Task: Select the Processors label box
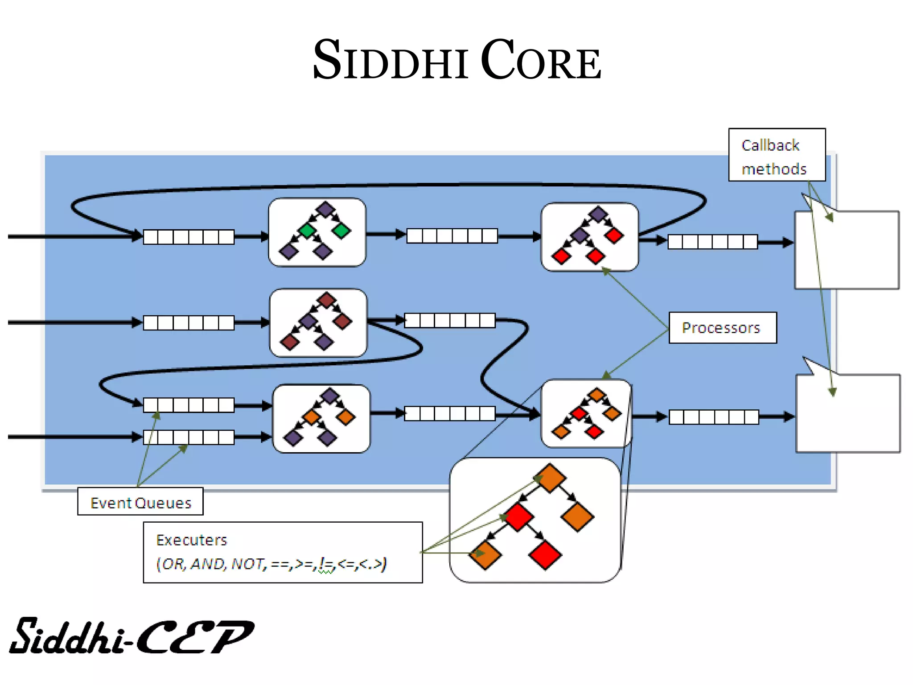tap(722, 328)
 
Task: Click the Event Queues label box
tap(140, 502)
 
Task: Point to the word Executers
tap(192, 541)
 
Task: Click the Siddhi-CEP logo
tap(132, 637)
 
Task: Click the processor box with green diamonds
tap(317, 232)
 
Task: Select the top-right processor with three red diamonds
tap(589, 236)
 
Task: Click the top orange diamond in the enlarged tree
tap(550, 478)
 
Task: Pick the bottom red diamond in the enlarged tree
tap(545, 555)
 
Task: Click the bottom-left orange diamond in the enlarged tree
tap(485, 555)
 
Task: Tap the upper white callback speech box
tap(847, 250)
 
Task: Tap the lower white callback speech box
tap(848, 413)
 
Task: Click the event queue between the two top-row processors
tap(452, 235)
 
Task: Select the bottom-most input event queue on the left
tap(189, 437)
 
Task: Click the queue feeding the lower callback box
tap(714, 417)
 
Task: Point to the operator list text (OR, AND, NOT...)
tap(271, 564)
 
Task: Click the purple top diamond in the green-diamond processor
tap(325, 209)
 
